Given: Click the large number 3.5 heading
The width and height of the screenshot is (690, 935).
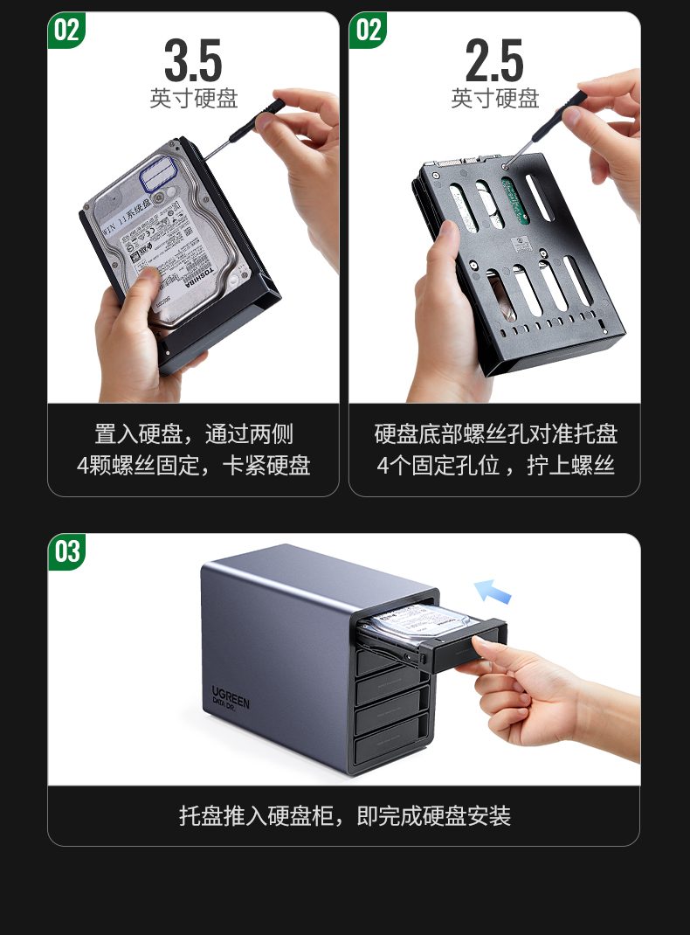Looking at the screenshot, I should [193, 60].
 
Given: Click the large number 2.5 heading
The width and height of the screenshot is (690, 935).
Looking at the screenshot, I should [494, 60].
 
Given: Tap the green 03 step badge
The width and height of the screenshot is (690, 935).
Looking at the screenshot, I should [67, 552].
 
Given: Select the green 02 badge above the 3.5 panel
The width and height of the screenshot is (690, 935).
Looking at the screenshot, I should [67, 31].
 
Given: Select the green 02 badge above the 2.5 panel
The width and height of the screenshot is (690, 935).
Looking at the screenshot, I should [369, 31].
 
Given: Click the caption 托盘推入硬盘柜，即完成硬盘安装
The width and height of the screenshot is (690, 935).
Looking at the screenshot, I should [344, 816].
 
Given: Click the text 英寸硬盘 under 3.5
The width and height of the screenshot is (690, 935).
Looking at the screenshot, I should [193, 99].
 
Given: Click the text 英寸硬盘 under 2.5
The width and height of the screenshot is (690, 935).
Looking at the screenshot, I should [494, 99].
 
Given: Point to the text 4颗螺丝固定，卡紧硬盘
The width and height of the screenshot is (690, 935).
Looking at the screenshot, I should [193, 465].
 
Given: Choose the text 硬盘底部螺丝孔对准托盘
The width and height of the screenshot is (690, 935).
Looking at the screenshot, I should [495, 434].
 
